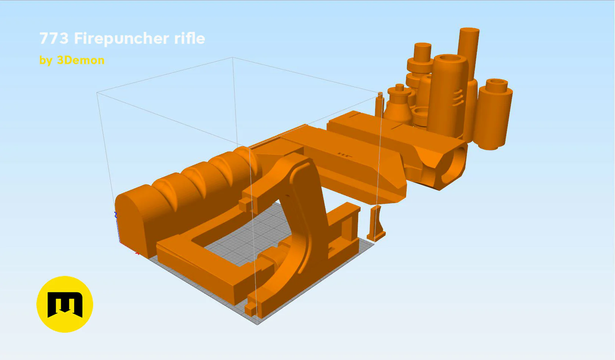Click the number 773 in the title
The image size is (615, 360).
pos(54,38)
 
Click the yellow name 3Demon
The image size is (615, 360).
pos(81,60)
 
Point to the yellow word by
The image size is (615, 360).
pos(46,61)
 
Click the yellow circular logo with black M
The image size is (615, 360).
pos(65,304)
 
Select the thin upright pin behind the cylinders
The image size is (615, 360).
pos(380,105)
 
